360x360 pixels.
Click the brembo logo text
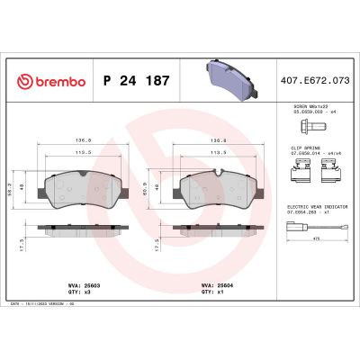point(53,83)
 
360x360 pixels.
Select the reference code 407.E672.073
point(314,83)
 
